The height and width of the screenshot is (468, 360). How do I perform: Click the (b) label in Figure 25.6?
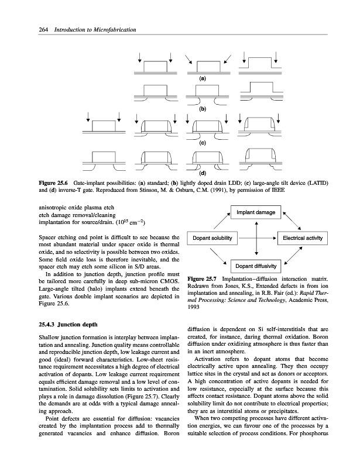pyautogui.click(x=203, y=109)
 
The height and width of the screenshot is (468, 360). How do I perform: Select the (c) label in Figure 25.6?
pyautogui.click(x=203, y=142)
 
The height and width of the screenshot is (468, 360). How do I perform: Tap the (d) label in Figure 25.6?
pyautogui.click(x=203, y=173)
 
